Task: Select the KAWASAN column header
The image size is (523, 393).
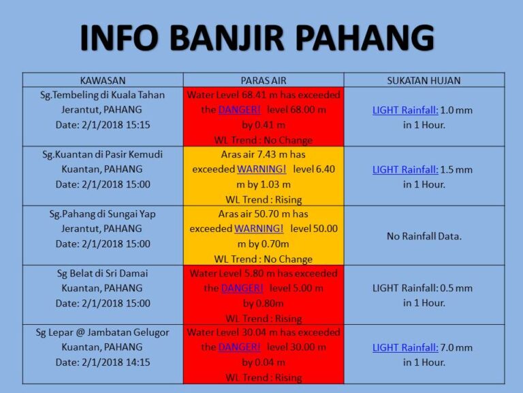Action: coord(103,81)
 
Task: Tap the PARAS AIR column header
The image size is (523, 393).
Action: coord(264,81)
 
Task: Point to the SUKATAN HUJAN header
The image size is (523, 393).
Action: coord(424,81)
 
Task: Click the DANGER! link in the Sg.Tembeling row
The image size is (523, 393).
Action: coord(240,110)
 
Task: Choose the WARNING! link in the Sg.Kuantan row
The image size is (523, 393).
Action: coord(261,169)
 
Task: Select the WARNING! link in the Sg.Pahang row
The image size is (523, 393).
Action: coord(259,229)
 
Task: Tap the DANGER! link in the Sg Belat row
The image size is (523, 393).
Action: coord(242,288)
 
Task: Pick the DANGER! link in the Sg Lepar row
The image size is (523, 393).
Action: coord(240,347)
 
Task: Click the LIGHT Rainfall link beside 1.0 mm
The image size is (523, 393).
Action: coord(405,110)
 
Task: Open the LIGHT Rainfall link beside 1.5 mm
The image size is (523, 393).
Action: coord(405,169)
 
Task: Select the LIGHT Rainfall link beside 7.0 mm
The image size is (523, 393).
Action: coord(405,347)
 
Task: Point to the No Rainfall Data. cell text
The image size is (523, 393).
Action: coord(424,236)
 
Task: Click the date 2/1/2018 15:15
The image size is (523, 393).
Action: coord(116,125)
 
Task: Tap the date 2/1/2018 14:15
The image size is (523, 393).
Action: coord(116,362)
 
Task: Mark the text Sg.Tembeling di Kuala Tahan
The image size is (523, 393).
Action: coord(103,96)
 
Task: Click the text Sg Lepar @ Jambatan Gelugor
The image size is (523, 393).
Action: coord(103,333)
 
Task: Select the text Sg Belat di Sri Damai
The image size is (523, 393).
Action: coord(102,274)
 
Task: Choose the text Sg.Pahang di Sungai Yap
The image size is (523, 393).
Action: coord(103,214)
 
